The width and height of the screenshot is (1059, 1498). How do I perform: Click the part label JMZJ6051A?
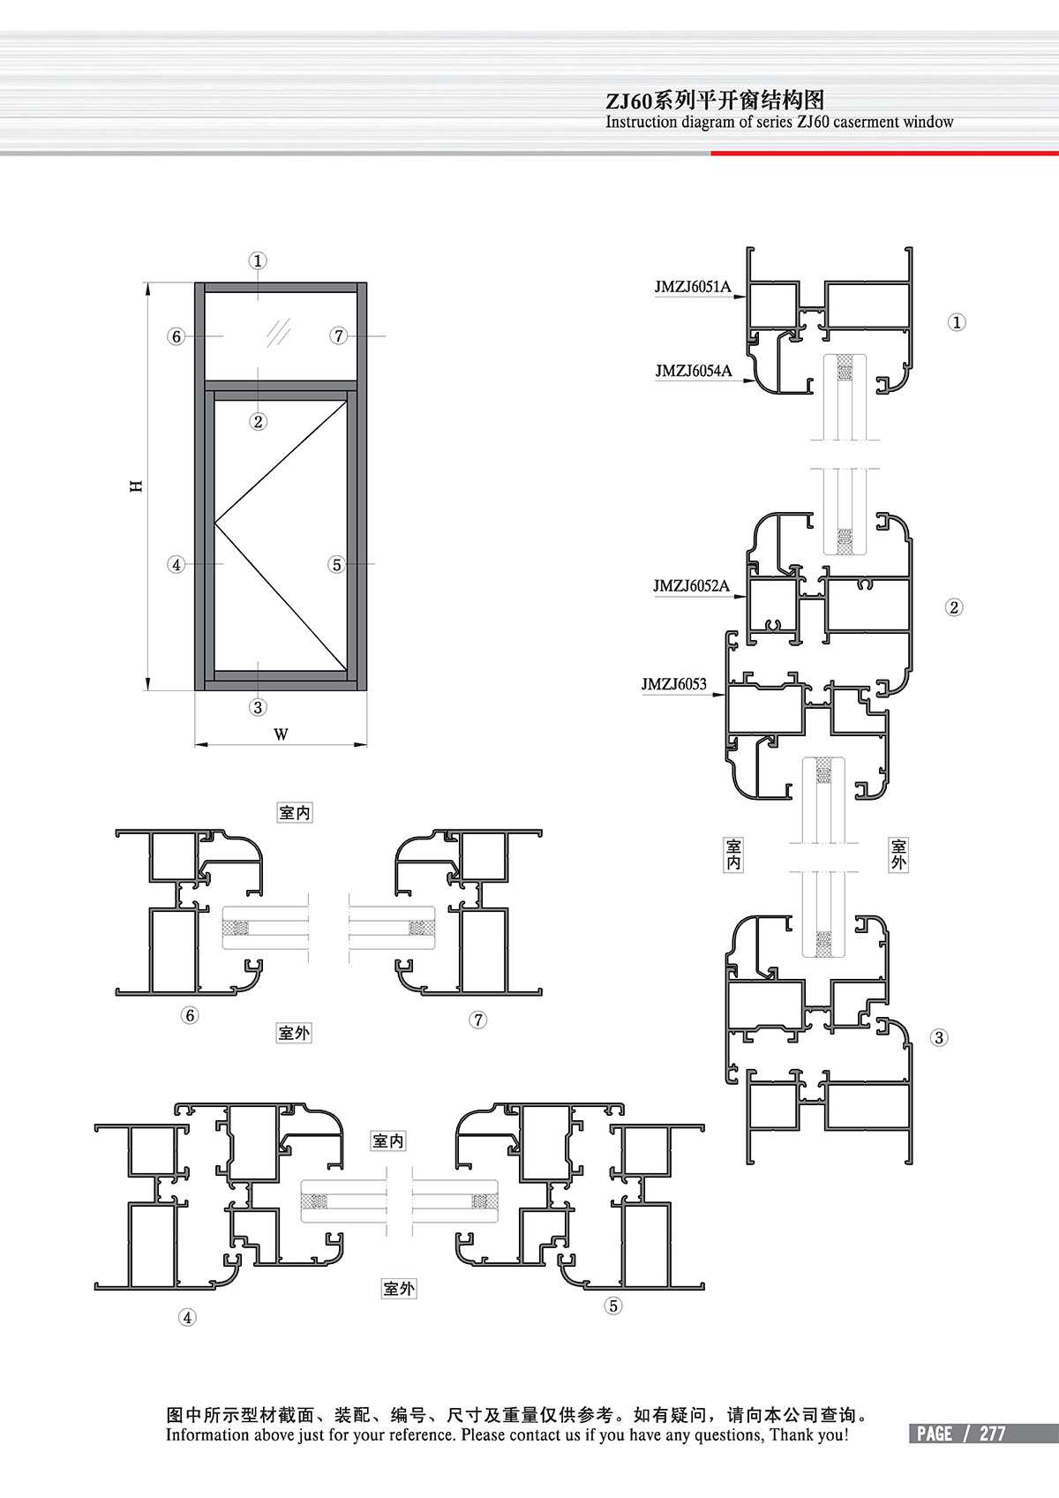point(693,287)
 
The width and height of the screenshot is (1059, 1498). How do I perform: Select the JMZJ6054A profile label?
point(694,371)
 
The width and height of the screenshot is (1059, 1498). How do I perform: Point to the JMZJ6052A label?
point(691,586)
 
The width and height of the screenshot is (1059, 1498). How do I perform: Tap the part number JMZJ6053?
point(674,683)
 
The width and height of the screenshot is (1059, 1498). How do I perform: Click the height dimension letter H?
point(137,486)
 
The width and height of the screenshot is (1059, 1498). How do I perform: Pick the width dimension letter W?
point(281,734)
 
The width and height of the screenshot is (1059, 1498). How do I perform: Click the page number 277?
point(992,1434)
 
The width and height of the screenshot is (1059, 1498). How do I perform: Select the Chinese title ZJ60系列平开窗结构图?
point(715,101)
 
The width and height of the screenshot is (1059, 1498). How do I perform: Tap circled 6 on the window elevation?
point(176,336)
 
